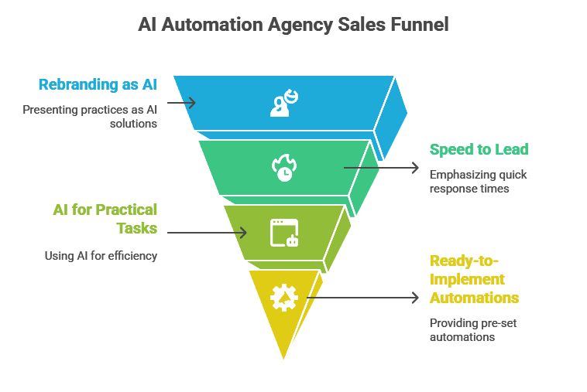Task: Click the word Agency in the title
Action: click(x=297, y=24)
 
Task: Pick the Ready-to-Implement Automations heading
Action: click(x=474, y=279)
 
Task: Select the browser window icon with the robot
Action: click(x=283, y=232)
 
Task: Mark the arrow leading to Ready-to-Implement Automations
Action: click(x=365, y=297)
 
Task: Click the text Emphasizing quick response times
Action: click(x=479, y=181)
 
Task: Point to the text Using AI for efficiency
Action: click(x=101, y=255)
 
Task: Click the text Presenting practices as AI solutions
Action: click(x=91, y=116)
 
